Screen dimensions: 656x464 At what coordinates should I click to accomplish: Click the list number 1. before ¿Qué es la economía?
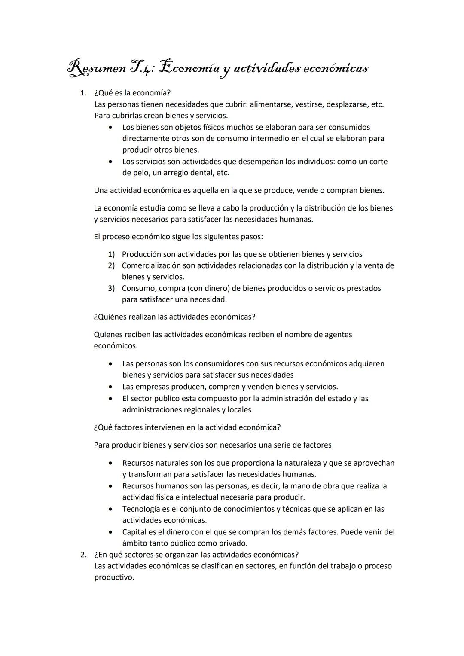84,93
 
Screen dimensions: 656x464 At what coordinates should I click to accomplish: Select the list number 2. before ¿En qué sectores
84,555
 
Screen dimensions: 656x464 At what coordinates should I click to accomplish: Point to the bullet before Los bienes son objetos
111,128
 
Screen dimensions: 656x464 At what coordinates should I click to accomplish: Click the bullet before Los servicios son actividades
111,162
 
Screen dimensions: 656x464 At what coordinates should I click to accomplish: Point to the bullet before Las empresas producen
111,387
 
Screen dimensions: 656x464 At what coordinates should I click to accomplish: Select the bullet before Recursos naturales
111,464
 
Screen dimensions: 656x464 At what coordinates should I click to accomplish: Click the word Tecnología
143,509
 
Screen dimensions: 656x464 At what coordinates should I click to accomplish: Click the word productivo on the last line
113,577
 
